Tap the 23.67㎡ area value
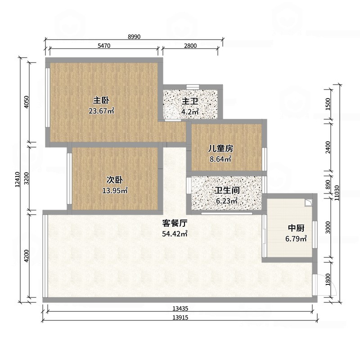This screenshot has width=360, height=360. pyautogui.click(x=102, y=111)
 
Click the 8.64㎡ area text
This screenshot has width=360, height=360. pyautogui.click(x=220, y=159)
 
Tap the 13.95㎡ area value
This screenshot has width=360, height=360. pyautogui.click(x=115, y=190)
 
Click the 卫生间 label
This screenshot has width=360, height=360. pyautogui.click(x=226, y=190)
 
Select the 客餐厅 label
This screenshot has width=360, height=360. pyautogui.click(x=175, y=223)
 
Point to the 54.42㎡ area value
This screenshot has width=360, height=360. pyautogui.click(x=175, y=234)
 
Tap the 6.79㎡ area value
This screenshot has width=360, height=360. pyautogui.click(x=296, y=238)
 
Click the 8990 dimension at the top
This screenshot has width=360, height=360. pyautogui.click(x=134, y=37)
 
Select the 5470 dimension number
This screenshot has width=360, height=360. pyautogui.click(x=104, y=46)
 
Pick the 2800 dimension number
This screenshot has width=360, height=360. pyautogui.click(x=191, y=46)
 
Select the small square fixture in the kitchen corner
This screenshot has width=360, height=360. pyautogui.click(x=308, y=202)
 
